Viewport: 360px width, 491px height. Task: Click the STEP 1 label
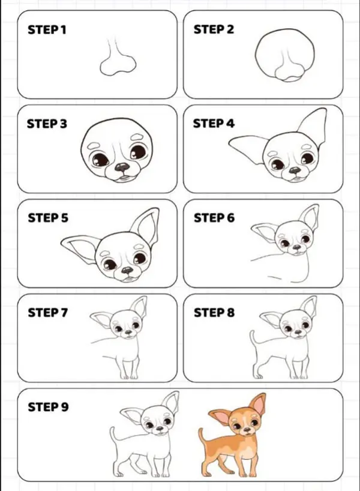pyautogui.click(x=47, y=30)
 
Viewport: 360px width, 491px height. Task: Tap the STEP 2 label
pyautogui.click(x=213, y=30)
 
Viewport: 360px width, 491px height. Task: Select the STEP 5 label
pyautogui.click(x=47, y=218)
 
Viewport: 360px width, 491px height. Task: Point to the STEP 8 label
pyautogui.click(x=213, y=313)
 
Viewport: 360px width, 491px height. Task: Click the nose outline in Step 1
pyautogui.click(x=118, y=64)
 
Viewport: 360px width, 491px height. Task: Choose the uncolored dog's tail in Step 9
pyautogui.click(x=113, y=436)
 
